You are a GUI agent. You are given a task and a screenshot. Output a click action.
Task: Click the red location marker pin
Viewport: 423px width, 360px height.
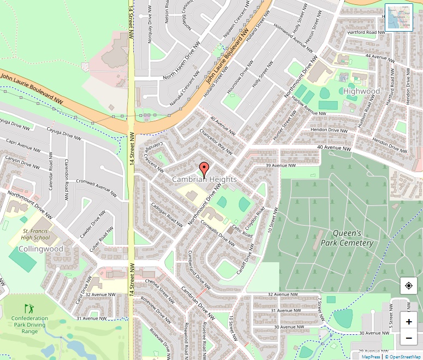(204, 169)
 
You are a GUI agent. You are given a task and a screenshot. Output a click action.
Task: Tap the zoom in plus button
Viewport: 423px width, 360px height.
(409, 321)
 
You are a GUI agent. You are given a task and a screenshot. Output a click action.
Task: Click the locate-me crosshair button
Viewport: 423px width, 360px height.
(409, 286)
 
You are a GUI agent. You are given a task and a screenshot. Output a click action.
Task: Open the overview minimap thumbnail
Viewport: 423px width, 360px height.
(399, 17)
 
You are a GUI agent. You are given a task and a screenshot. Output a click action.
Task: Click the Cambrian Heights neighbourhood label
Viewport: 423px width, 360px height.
(204, 179)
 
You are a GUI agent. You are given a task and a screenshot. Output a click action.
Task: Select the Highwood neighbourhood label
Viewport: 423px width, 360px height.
(361, 91)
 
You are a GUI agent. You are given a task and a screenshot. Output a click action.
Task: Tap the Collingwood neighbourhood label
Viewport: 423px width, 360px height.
(41, 249)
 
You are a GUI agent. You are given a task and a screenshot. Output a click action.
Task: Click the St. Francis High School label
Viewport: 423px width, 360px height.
(36, 234)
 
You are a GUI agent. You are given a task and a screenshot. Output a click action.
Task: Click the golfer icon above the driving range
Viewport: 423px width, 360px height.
(29, 309)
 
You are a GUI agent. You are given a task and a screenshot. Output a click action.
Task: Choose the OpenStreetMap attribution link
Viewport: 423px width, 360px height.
(403, 357)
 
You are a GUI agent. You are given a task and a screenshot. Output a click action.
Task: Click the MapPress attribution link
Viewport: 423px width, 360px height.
(371, 357)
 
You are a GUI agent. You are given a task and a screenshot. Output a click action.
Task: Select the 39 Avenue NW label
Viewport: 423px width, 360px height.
(280, 165)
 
